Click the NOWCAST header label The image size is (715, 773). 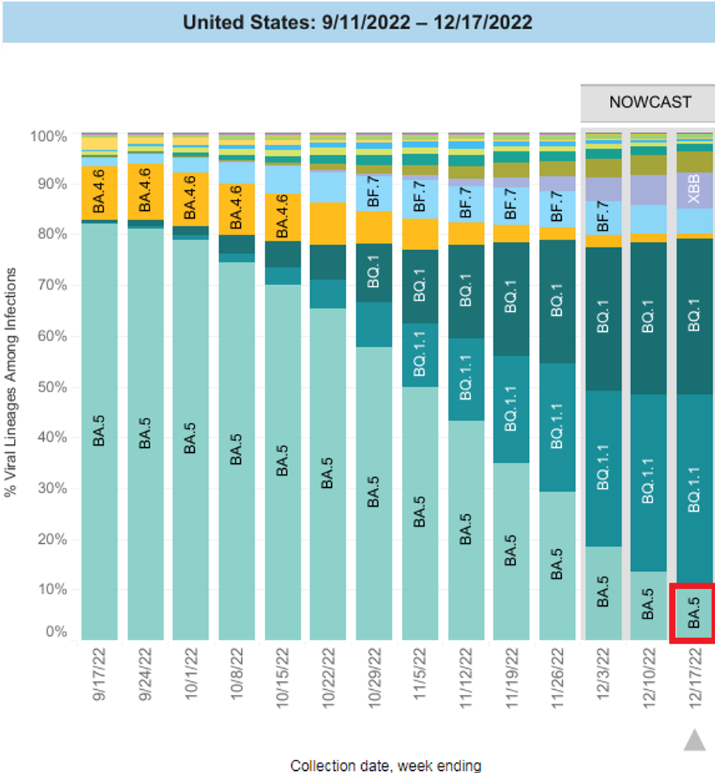650,101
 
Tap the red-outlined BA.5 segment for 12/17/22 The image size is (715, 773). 693,613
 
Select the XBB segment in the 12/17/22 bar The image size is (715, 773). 693,190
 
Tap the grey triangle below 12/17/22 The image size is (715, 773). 693,741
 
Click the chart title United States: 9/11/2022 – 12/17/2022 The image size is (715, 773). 357,22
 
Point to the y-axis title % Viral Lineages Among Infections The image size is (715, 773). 12,386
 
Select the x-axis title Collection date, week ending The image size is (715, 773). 385,765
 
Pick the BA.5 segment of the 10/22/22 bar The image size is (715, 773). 328,474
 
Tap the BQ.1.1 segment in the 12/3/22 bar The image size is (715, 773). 602,468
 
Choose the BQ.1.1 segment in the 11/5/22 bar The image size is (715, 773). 420,355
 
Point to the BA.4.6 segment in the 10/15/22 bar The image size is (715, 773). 282,217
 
